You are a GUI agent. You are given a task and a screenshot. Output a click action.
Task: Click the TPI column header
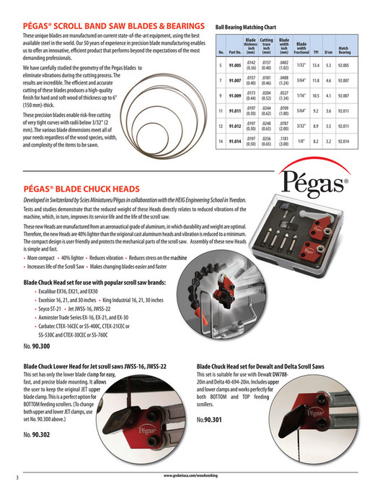tap(315, 51)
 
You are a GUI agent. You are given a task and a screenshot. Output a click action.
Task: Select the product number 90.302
tap(37, 435)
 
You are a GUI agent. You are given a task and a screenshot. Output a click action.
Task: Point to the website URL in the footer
tap(190, 477)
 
